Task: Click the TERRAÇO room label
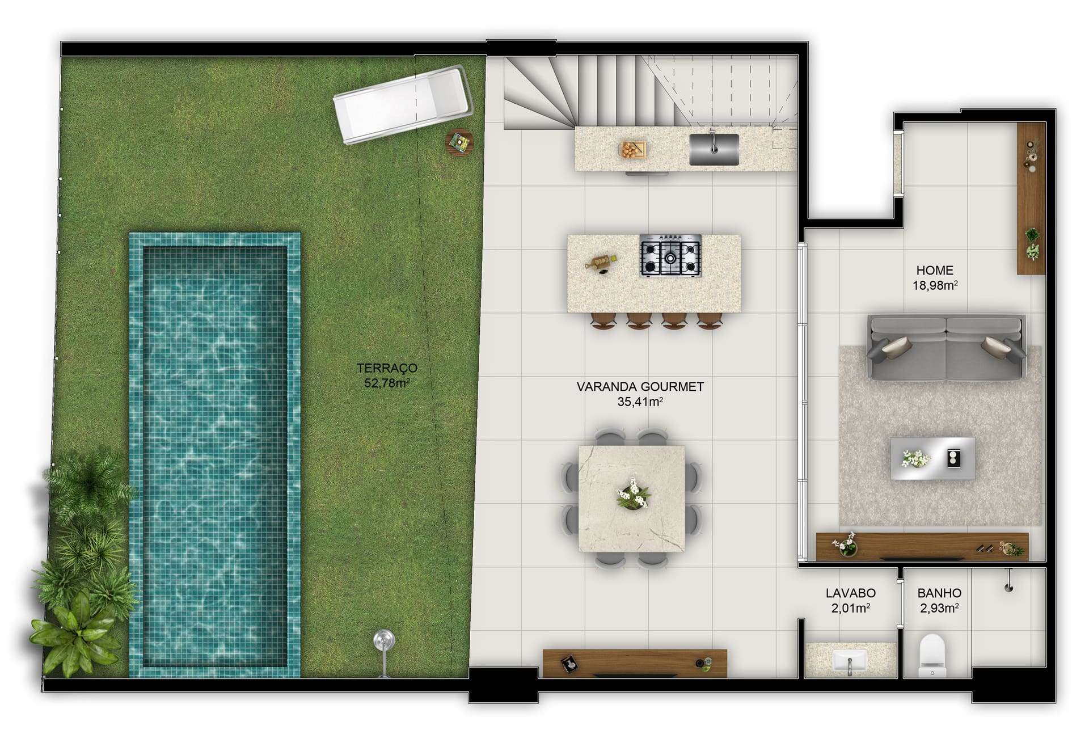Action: (x=387, y=368)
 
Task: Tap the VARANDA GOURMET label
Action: (x=640, y=387)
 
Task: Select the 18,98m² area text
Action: (x=935, y=285)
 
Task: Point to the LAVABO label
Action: (x=850, y=593)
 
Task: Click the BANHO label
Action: (x=939, y=593)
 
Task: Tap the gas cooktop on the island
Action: (x=670, y=256)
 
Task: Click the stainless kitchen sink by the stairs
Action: (x=714, y=149)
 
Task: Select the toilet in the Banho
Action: (x=932, y=655)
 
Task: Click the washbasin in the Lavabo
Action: (x=850, y=661)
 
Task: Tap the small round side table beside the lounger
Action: (x=459, y=141)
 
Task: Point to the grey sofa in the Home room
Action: (x=946, y=348)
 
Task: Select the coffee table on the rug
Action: (x=932, y=458)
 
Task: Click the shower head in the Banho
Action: (x=1008, y=583)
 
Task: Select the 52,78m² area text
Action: (x=387, y=383)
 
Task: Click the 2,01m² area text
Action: (x=850, y=608)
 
